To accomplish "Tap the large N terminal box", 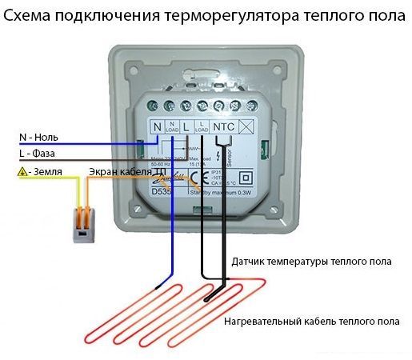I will point(158,126).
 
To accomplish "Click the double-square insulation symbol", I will point(246,178).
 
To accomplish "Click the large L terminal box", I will point(186,126).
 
